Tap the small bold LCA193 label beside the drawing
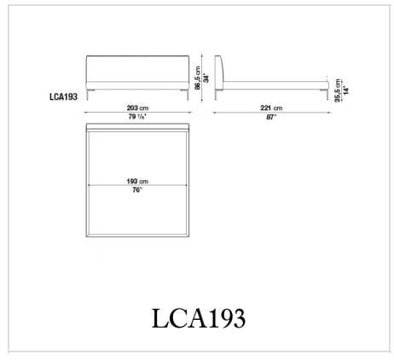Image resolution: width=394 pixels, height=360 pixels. point(65,97)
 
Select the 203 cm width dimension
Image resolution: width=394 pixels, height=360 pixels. point(138,108)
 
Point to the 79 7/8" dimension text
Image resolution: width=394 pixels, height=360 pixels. point(138,118)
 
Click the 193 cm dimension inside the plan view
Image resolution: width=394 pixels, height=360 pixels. point(138,181)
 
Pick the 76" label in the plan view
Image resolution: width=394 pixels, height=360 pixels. point(138,190)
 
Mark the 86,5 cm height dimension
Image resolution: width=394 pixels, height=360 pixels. point(195,78)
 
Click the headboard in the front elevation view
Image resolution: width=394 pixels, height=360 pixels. point(138,69)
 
